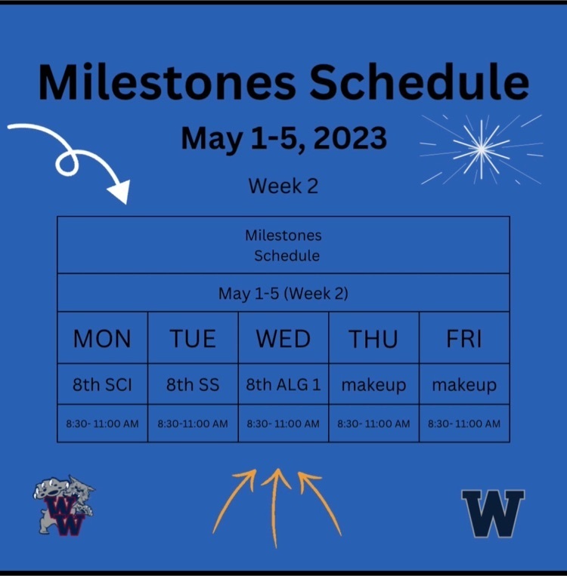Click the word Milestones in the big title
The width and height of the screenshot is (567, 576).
click(167, 82)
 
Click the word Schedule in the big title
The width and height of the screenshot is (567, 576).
click(419, 82)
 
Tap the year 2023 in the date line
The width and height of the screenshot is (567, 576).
click(350, 137)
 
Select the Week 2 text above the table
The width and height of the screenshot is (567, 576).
click(283, 186)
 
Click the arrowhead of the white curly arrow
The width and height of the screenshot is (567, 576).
click(120, 192)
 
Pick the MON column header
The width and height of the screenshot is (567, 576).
click(102, 338)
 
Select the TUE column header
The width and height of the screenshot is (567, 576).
click(193, 338)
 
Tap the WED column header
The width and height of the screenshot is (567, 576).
click(283, 338)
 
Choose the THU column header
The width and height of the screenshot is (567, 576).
click(373, 338)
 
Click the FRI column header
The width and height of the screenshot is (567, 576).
click(464, 338)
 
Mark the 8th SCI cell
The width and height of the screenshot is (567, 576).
click(102, 384)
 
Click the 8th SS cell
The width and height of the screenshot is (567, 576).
click(193, 384)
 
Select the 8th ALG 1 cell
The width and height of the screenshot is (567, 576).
click(283, 384)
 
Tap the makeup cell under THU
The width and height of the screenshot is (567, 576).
click(373, 385)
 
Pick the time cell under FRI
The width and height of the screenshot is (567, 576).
click(464, 424)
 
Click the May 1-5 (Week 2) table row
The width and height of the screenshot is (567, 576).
click(283, 293)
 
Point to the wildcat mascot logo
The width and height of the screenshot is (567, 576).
click(64, 506)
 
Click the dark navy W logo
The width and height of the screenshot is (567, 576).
click(493, 513)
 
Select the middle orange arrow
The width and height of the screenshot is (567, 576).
click(275, 508)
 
